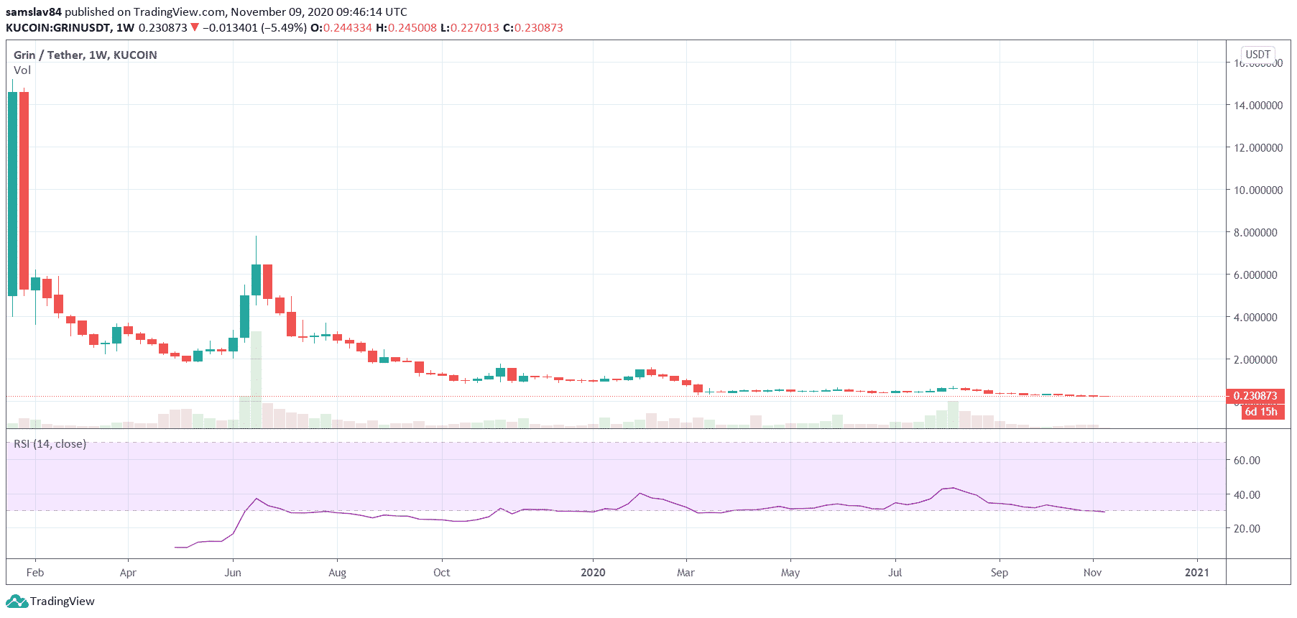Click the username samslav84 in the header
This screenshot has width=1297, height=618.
34,12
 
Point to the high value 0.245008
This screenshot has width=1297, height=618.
412,28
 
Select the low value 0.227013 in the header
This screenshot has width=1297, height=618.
474,28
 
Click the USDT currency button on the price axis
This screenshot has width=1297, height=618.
1257,55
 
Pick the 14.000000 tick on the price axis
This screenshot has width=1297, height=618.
1257,106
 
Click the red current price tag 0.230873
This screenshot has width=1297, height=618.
1255,396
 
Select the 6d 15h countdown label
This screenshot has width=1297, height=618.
1261,412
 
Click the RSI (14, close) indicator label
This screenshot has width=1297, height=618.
50,444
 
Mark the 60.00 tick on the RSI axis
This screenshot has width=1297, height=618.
1247,461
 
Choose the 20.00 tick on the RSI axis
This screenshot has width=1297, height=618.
1247,529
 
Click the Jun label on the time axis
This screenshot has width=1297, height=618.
233,573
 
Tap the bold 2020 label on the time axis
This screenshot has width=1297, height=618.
593,573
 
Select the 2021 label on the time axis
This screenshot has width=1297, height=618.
1196,573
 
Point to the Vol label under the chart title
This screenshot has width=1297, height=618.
22,70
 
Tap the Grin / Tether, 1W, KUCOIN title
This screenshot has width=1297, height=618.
85,55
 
